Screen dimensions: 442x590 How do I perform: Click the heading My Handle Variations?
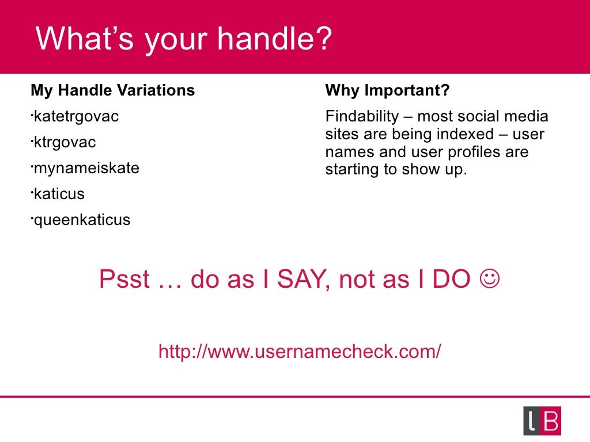click(x=112, y=90)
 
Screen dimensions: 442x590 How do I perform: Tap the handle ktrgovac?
click(x=65, y=143)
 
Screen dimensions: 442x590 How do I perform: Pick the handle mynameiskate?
click(x=86, y=169)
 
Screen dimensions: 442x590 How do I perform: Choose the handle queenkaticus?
click(x=81, y=220)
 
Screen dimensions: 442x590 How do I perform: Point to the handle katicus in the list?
click(x=59, y=194)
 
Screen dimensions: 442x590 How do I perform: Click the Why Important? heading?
click(x=387, y=90)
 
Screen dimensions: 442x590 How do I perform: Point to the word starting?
click(x=349, y=170)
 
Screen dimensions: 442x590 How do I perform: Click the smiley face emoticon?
click(x=489, y=280)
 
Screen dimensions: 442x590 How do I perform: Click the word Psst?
click(x=124, y=280)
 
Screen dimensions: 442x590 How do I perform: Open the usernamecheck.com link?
click(x=300, y=351)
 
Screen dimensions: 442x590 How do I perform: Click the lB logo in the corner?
click(x=542, y=421)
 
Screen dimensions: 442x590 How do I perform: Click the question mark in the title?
click(x=323, y=39)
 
